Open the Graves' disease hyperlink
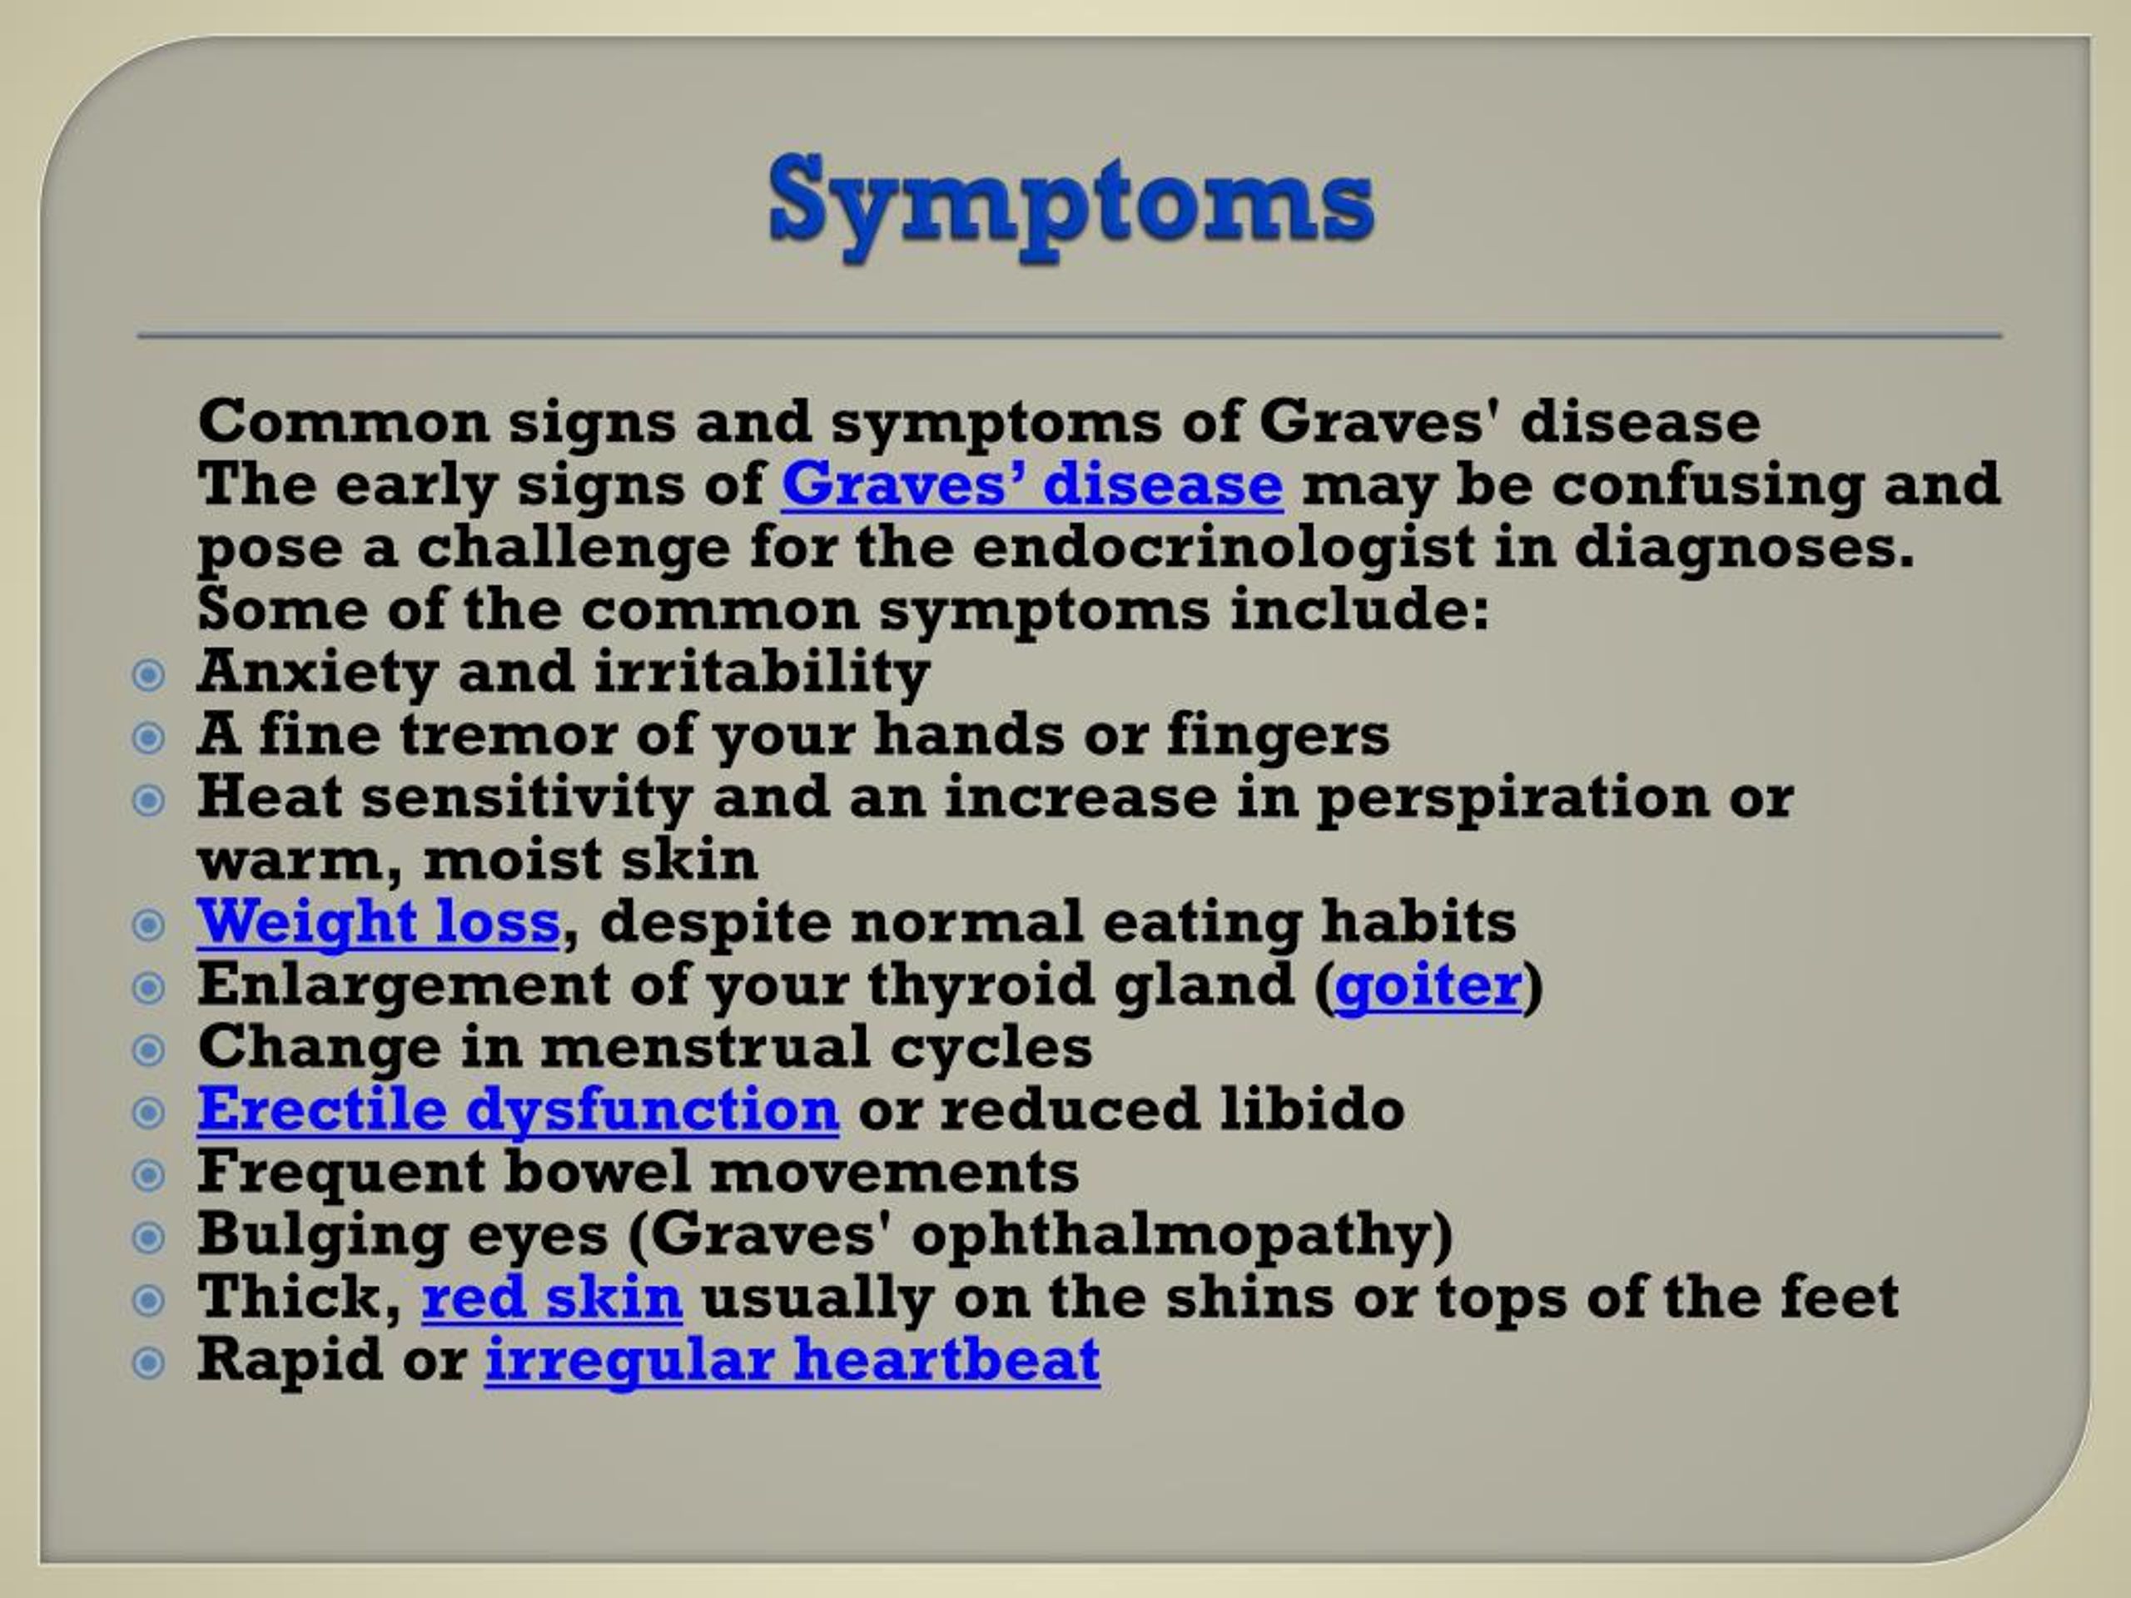click(x=1031, y=484)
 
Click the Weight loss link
click(x=378, y=922)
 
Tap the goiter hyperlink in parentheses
click(x=1428, y=985)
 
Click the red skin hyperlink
click(x=551, y=1298)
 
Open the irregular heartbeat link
click(x=792, y=1360)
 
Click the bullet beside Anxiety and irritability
click(x=147, y=675)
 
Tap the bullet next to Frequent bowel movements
click(x=147, y=1175)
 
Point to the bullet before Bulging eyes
click(x=147, y=1238)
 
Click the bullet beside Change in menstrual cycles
click(x=147, y=1050)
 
